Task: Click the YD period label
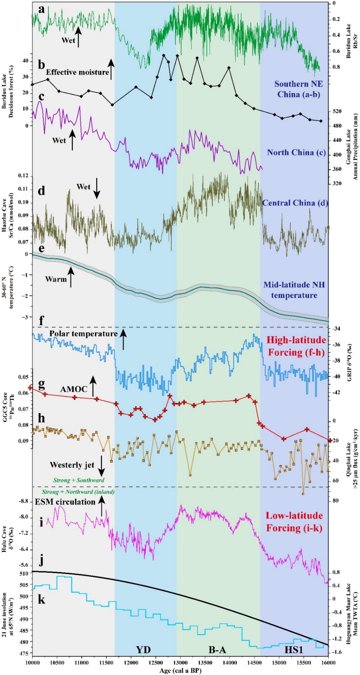(x=143, y=650)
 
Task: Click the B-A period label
(x=217, y=650)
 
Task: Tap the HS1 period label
(x=294, y=650)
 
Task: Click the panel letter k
(x=42, y=599)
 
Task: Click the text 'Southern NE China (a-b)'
(x=299, y=89)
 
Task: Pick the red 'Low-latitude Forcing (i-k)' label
(x=294, y=522)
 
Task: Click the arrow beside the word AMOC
(x=93, y=386)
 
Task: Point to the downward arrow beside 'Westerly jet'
(x=102, y=466)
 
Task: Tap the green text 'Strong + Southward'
(x=79, y=480)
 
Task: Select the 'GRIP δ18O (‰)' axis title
(x=349, y=363)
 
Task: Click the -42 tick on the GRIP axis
(x=337, y=392)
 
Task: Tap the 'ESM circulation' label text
(x=65, y=502)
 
